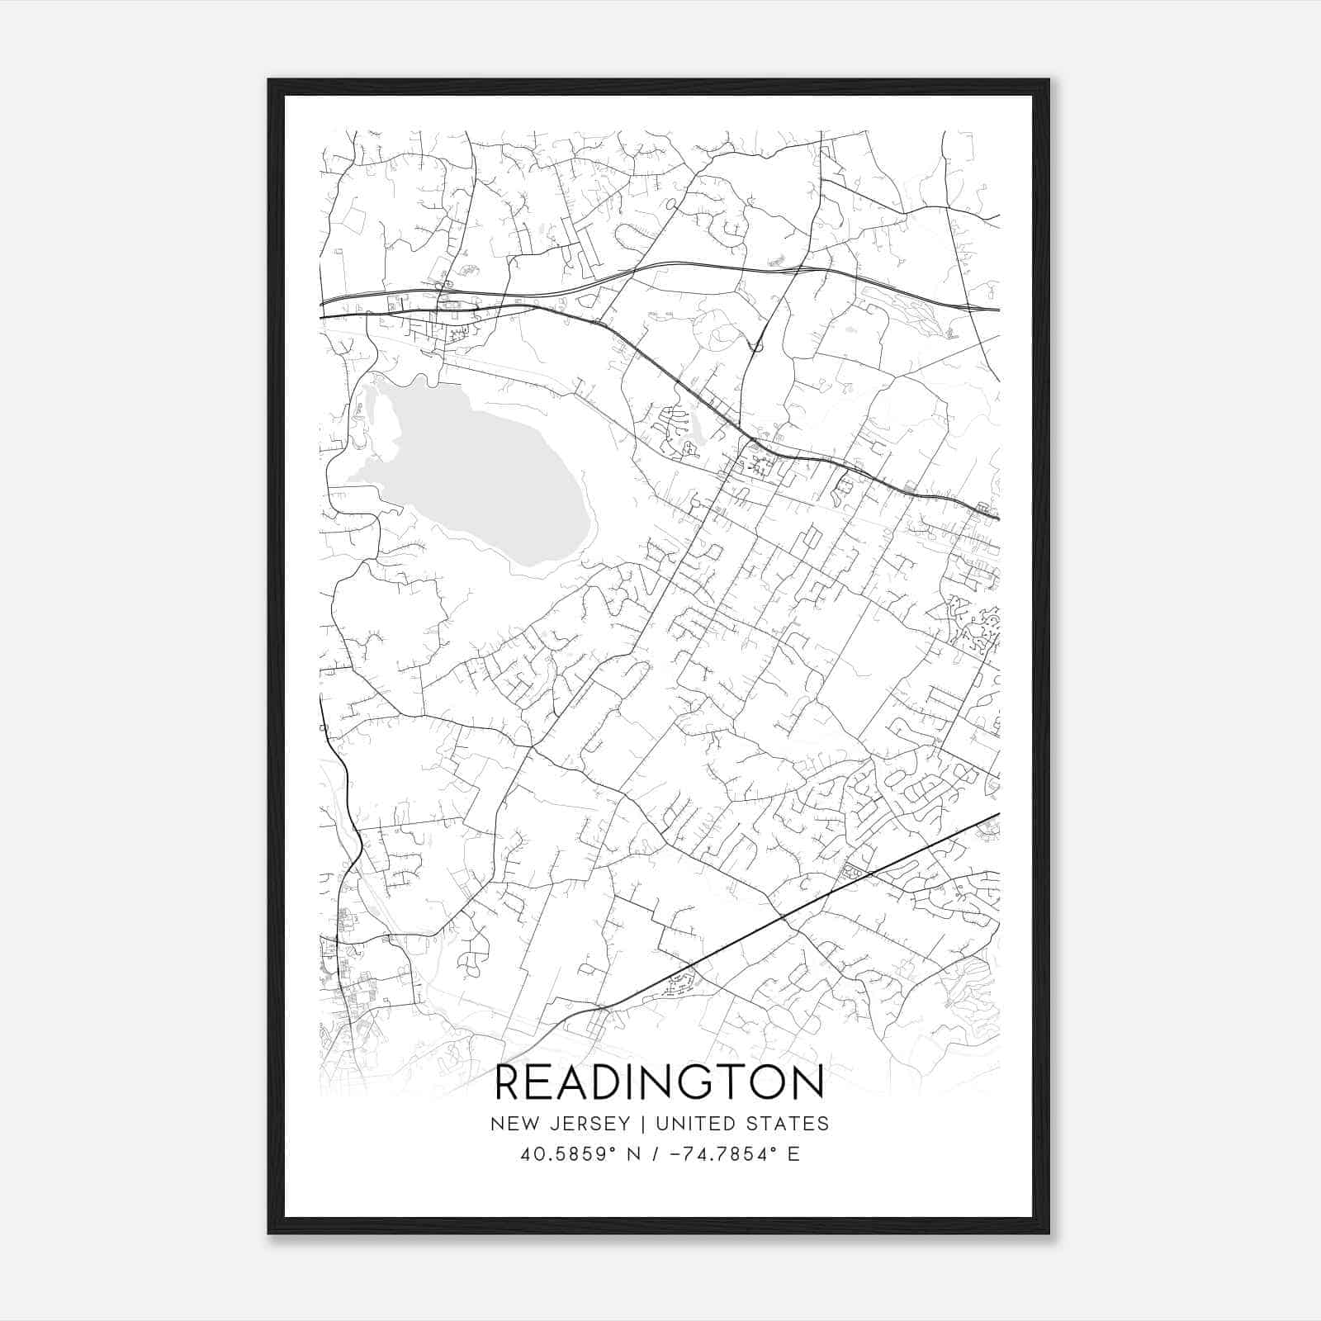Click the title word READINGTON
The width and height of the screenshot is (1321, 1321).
(x=659, y=1083)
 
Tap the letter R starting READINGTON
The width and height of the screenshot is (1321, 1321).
(x=509, y=1083)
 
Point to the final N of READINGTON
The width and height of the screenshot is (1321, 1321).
(x=807, y=1083)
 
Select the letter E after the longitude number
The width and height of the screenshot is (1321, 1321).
(x=793, y=1154)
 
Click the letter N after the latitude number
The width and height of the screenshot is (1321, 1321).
(x=634, y=1154)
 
